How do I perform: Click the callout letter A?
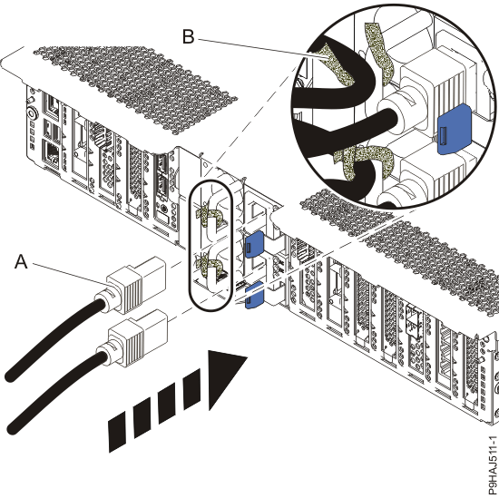21,262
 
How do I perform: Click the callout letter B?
188,36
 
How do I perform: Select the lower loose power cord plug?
135,337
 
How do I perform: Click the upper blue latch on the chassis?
254,244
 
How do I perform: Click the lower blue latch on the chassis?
254,295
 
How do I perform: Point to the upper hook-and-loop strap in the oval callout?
210,217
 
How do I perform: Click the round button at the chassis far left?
32,113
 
